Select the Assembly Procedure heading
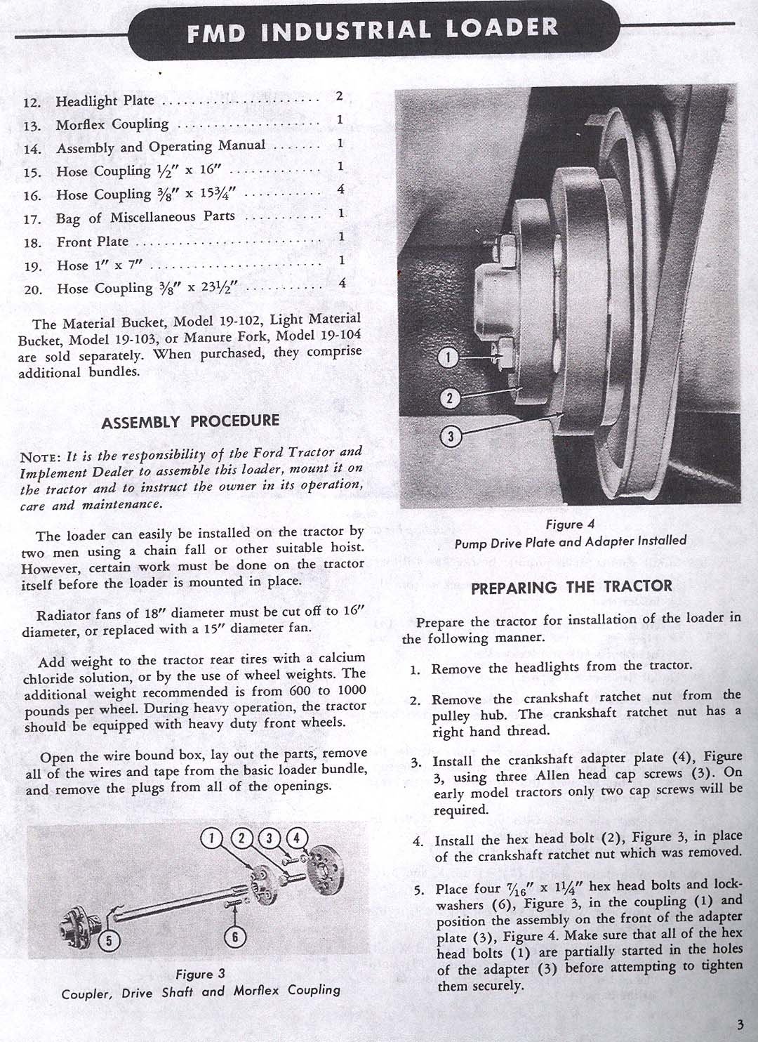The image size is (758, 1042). pos(190,422)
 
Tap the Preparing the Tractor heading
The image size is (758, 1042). pos(571,587)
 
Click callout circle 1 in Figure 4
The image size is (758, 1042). pos(448,358)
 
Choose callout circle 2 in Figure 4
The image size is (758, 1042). pos(449,399)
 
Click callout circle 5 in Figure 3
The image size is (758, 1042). pos(109,939)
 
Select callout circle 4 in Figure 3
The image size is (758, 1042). pos(296,838)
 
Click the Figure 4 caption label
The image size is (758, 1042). pos(570,525)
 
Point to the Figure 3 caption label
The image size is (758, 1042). pos(201,974)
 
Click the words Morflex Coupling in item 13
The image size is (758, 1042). pos(112,125)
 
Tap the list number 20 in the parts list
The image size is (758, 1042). pos(33,289)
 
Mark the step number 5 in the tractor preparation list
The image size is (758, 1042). pos(419,890)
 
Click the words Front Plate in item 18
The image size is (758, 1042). pos(93,242)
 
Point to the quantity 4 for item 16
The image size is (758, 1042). pos(340,190)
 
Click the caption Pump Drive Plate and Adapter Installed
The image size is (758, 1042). pos(570,542)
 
